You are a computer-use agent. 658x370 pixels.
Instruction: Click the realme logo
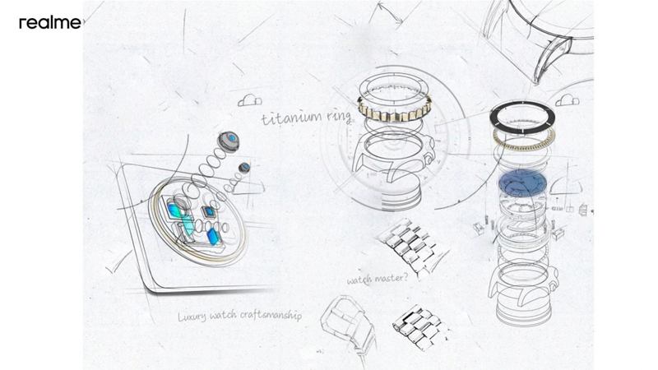[x=50, y=23]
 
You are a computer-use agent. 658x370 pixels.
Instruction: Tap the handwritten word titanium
[x=292, y=117]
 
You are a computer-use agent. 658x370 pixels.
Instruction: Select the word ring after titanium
[x=339, y=117]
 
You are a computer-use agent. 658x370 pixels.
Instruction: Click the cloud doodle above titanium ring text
[x=250, y=100]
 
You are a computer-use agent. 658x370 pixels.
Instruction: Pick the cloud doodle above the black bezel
[x=568, y=100]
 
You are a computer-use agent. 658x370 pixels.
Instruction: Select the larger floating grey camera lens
[x=229, y=141]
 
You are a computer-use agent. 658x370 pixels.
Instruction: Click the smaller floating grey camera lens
[x=244, y=168]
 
